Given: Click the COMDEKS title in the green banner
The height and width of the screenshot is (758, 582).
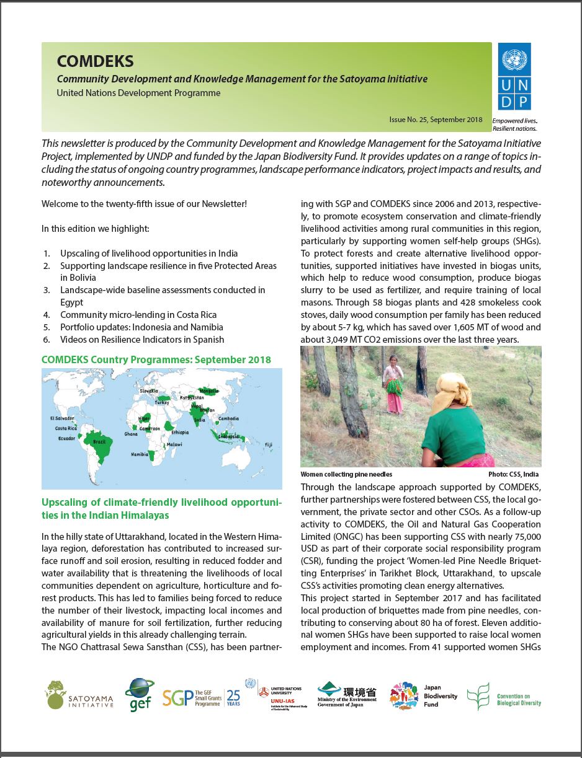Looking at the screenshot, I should (95, 61).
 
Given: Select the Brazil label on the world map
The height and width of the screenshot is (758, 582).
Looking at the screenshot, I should (99, 441).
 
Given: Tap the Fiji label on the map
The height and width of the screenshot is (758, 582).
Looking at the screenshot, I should (268, 444).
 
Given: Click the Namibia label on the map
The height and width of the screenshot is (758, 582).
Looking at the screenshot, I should (140, 454).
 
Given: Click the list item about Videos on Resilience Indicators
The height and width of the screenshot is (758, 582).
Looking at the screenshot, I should (142, 340).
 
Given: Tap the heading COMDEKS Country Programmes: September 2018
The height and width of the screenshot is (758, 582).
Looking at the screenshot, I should (156, 360).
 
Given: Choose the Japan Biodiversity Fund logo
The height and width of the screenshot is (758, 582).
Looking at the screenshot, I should (424, 695).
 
